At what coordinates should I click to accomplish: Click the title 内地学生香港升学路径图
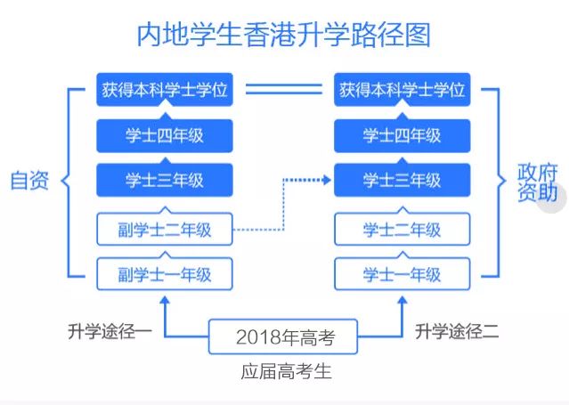283,35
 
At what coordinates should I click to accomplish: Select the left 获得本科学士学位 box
165,90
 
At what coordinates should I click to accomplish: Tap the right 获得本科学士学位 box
402,90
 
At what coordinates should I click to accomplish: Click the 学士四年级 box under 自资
165,135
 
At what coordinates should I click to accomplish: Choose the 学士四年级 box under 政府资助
402,135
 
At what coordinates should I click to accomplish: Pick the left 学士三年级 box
165,180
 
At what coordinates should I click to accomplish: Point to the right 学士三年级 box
402,180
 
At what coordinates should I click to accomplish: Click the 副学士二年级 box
165,229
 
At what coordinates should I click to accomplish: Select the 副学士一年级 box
165,273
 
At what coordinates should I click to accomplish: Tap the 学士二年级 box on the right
402,229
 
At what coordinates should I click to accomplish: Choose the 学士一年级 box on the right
402,273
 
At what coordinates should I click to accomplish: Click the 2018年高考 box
283,336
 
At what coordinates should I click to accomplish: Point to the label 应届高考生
286,371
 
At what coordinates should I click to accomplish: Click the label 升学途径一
110,331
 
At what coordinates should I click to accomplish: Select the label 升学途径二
457,331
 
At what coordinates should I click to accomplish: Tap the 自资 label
29,181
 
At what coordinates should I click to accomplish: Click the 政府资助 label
537,182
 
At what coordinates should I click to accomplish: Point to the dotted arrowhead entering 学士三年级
327,179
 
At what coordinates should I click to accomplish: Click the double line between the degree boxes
283,89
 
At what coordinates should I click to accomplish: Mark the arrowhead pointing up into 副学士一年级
165,300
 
